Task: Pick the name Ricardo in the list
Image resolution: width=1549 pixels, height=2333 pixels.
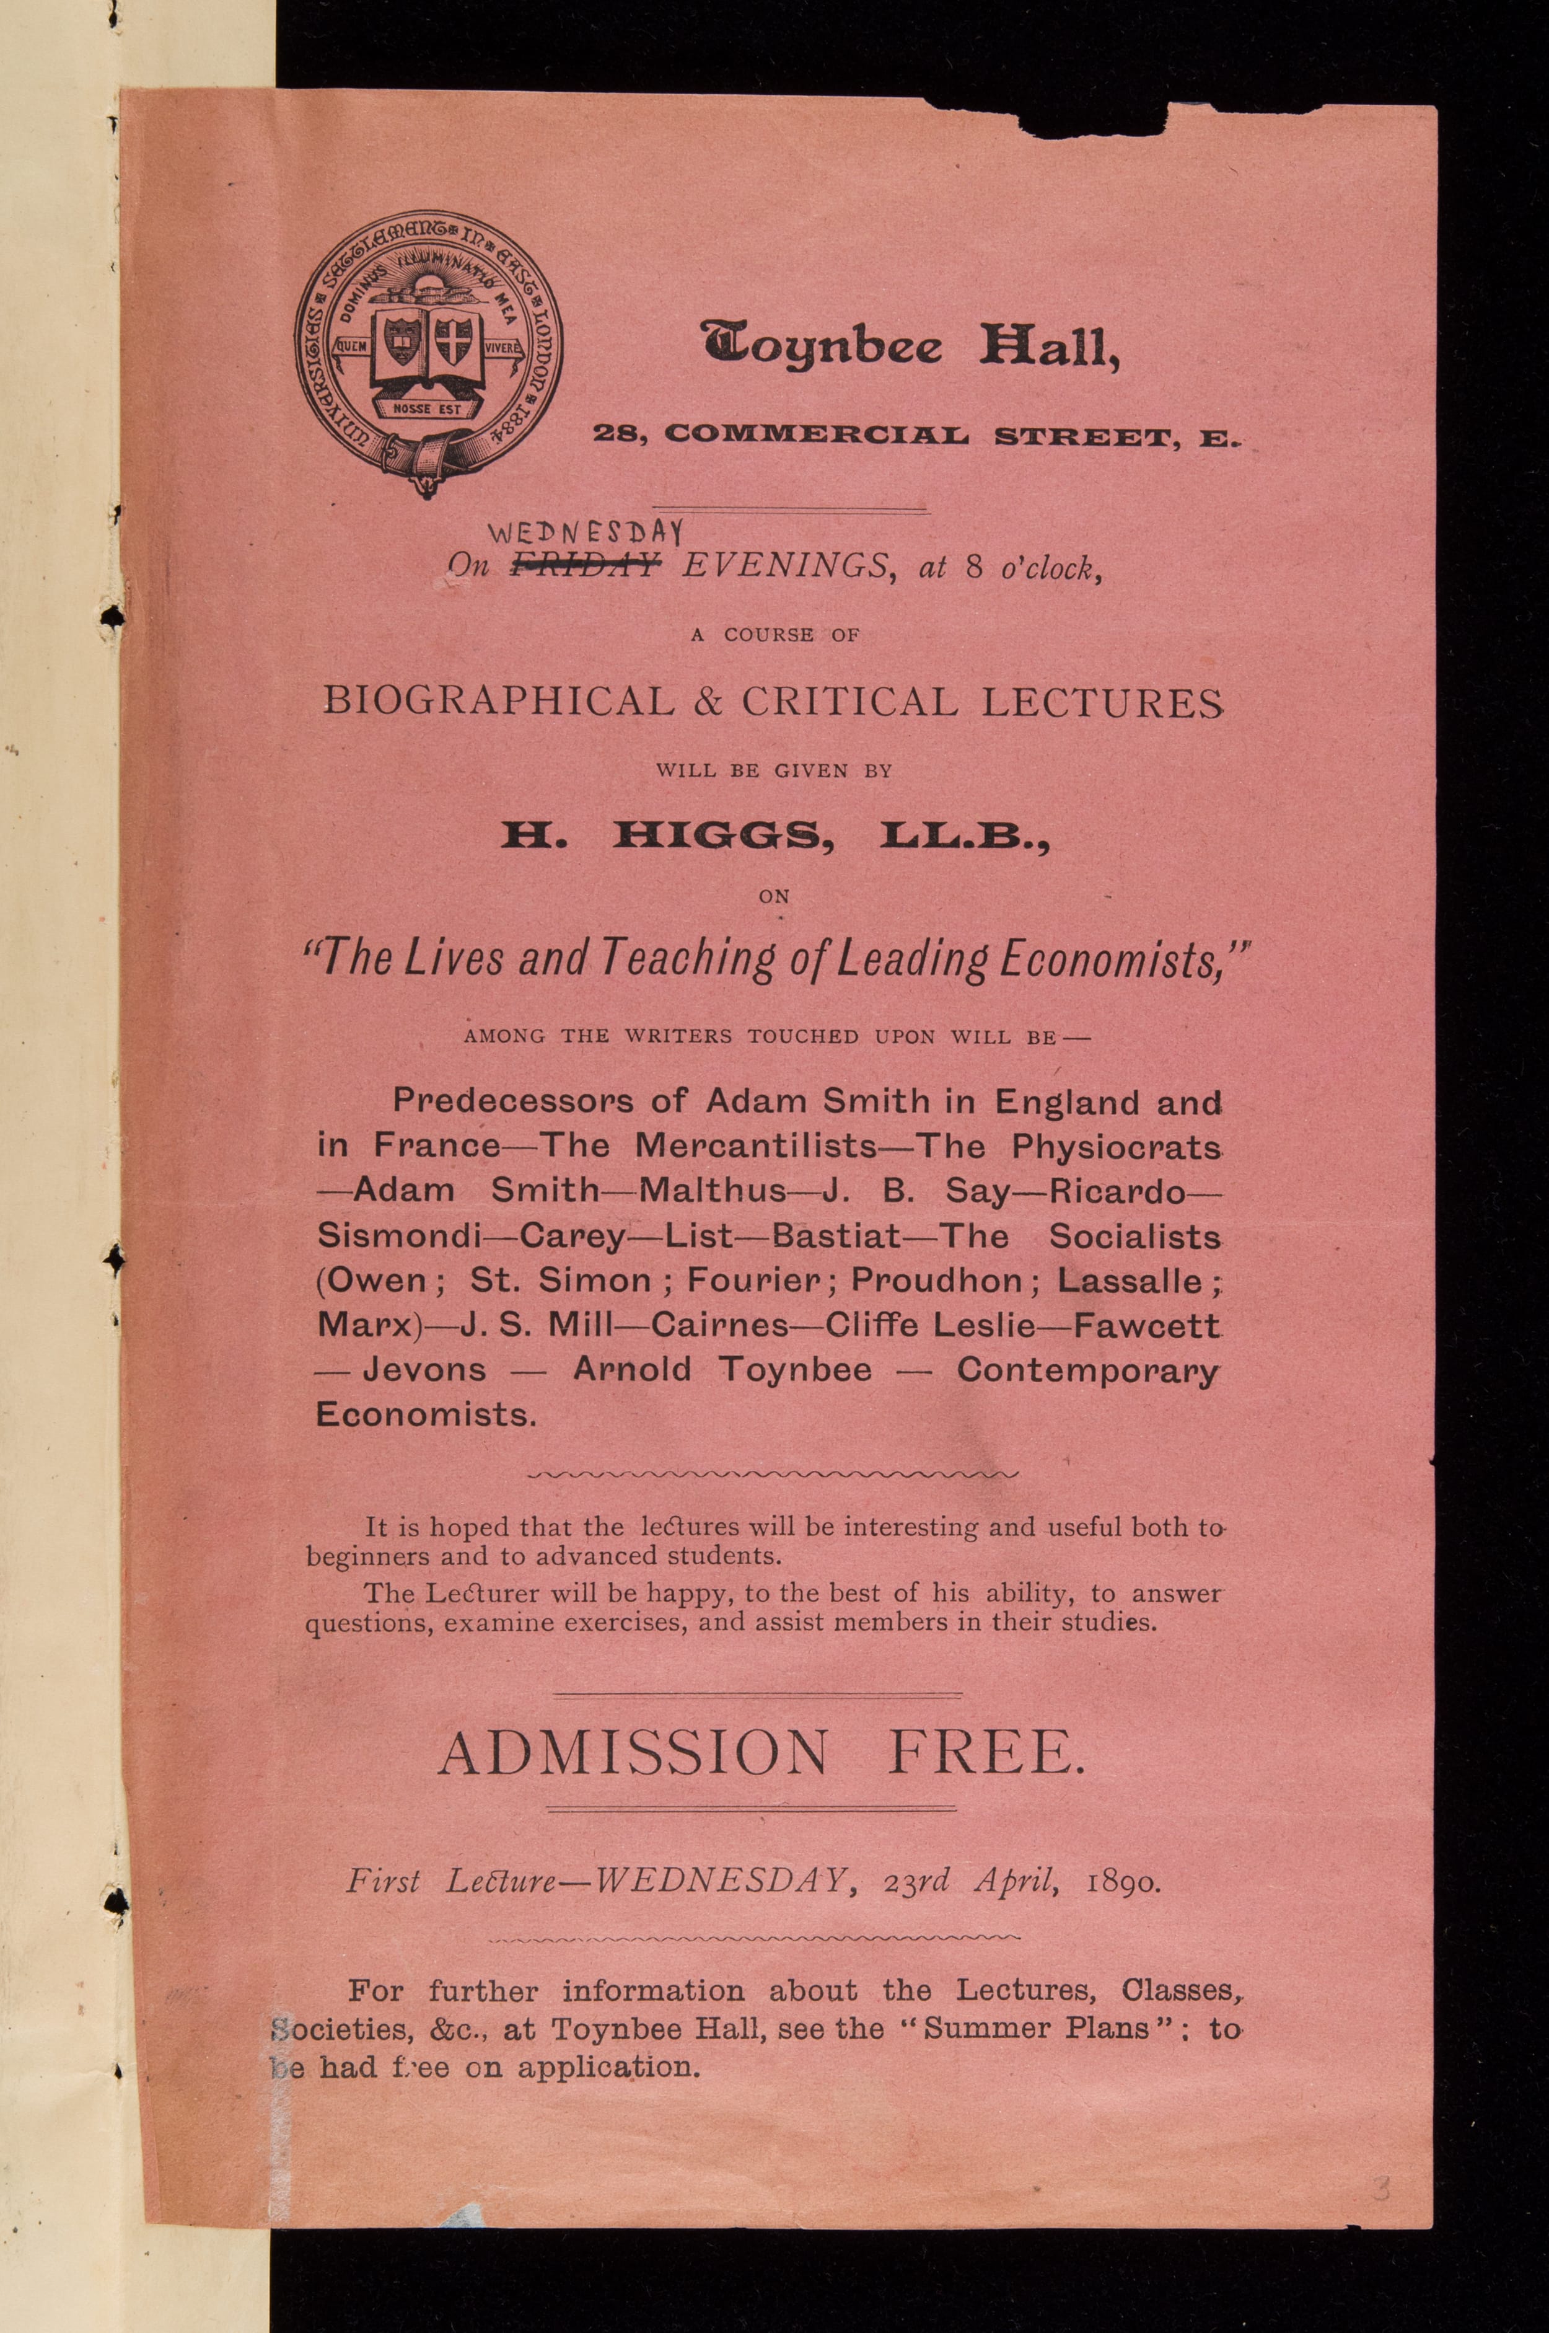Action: pyautogui.click(x=1117, y=1191)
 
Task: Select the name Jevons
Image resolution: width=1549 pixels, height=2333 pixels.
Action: pyautogui.click(x=425, y=1370)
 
